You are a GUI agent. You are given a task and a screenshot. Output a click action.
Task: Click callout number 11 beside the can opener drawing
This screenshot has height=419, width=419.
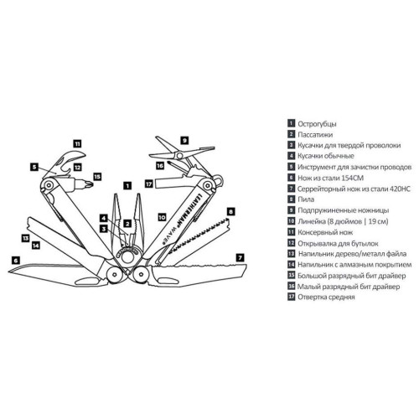coord(77,143)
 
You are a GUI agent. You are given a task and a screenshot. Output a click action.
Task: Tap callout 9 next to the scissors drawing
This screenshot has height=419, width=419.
coord(184,140)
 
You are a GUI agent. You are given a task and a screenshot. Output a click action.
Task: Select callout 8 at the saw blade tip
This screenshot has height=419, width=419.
coord(230,211)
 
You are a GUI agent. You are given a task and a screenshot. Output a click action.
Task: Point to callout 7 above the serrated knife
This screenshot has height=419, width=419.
coord(240,257)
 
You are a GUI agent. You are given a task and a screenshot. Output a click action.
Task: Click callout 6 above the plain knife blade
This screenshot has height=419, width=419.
coord(16,261)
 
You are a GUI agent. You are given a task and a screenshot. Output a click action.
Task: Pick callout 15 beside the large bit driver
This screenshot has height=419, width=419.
coord(97,177)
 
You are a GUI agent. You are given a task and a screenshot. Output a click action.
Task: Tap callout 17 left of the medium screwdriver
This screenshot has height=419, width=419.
coord(149,184)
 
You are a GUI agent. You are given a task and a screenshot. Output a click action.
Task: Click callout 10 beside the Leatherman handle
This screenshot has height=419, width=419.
coord(162,217)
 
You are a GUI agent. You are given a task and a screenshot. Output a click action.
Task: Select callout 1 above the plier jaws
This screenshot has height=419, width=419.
coord(127,185)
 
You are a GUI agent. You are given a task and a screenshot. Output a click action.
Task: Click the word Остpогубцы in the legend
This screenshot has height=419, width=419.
coord(317,124)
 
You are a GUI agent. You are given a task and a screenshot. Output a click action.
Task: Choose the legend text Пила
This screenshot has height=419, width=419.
coord(306,199)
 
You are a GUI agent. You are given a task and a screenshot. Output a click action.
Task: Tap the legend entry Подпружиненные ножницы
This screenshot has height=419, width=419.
coord(344,210)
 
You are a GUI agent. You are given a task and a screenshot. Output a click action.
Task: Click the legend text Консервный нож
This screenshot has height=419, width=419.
coord(325,232)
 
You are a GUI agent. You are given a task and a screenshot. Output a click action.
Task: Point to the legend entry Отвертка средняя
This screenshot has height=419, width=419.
coord(326,297)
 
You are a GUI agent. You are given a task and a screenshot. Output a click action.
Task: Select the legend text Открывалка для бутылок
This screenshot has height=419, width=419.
coord(338,243)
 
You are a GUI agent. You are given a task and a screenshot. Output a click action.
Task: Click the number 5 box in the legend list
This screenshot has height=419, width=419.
coord(292,167)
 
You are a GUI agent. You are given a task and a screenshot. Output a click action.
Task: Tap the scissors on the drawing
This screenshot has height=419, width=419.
coord(182,153)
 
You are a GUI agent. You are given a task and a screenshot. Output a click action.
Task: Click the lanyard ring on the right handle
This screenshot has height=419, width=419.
coord(220,179)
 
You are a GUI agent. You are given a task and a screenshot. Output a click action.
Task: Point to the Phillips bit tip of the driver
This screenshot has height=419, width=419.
coord(89,184)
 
